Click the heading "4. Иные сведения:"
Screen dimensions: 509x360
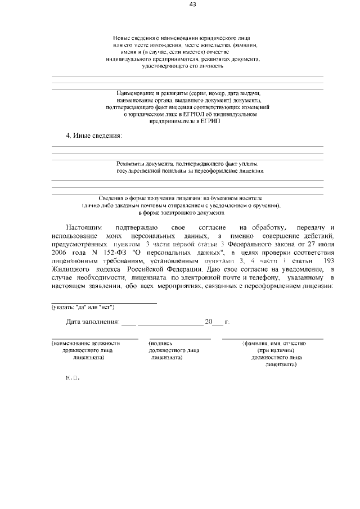(x=94, y=136)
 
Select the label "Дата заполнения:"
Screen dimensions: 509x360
(x=92, y=322)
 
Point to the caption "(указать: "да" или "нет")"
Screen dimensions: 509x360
(x=83, y=307)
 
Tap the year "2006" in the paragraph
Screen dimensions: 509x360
(x=59, y=253)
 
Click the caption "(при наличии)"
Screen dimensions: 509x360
(x=273, y=350)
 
